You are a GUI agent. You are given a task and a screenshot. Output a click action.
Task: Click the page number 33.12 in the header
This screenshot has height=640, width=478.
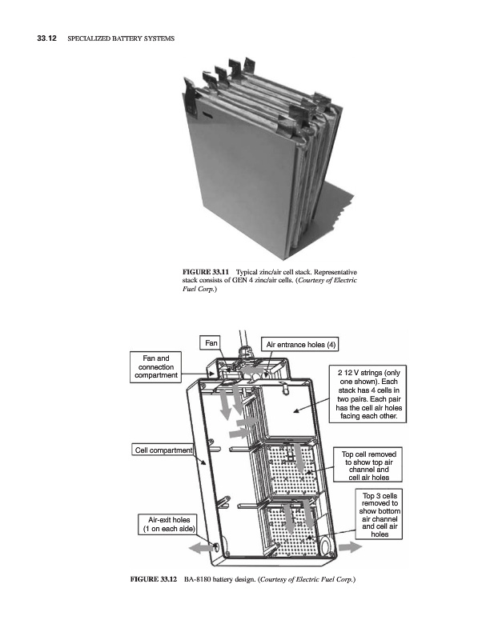(x=46, y=38)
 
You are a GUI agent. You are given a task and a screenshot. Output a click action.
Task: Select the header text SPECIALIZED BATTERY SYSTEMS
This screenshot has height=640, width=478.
(x=121, y=38)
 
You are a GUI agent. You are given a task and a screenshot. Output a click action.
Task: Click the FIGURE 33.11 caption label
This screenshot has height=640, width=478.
(x=205, y=272)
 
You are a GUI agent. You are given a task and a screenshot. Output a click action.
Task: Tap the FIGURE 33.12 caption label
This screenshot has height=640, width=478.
(x=153, y=578)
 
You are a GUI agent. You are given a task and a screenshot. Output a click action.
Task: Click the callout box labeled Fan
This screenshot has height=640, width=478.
(x=211, y=343)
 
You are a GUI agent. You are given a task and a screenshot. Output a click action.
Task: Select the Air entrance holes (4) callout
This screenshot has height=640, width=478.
(x=300, y=345)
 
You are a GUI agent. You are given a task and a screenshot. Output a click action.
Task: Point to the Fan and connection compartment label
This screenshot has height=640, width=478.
(x=155, y=366)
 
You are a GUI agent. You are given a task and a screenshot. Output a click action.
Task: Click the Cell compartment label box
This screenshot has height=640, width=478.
(x=163, y=450)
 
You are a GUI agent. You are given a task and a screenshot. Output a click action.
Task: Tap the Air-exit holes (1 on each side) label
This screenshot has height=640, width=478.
(x=168, y=524)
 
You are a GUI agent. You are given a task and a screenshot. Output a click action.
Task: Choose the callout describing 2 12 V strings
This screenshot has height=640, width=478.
(x=368, y=394)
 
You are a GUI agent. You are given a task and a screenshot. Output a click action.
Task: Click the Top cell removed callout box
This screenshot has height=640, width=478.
(x=368, y=465)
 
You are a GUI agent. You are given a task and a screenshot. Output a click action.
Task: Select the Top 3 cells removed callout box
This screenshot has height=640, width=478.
(x=380, y=514)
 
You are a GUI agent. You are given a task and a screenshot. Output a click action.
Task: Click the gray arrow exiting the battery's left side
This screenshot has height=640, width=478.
(x=201, y=548)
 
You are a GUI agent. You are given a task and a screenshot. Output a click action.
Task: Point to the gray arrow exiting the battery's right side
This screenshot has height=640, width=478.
(x=350, y=547)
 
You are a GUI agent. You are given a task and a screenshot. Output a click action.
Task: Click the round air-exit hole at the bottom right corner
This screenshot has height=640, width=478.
(x=327, y=546)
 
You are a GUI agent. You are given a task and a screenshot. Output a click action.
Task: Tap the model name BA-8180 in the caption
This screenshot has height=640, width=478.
(x=197, y=578)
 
